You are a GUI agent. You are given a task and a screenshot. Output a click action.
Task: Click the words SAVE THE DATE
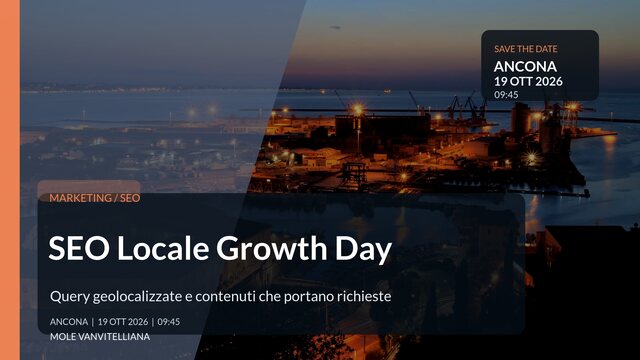point(525,48)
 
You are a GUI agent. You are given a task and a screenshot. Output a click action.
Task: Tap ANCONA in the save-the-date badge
point(525,66)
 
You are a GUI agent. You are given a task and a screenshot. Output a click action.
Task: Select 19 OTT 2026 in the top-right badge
point(528,81)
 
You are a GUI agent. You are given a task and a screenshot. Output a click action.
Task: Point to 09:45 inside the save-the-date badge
point(506,95)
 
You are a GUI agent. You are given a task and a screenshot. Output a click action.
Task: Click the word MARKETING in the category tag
point(80,198)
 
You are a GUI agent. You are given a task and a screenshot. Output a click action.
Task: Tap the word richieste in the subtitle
point(360,298)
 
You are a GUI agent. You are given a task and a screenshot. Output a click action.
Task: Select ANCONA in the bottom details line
point(68,322)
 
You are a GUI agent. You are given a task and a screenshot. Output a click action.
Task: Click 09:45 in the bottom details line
point(168,322)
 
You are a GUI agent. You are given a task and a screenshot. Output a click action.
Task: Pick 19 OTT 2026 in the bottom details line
point(122,322)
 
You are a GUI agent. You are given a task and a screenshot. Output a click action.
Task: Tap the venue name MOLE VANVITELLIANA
point(100,337)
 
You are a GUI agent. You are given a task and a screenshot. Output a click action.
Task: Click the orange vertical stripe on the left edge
point(10,180)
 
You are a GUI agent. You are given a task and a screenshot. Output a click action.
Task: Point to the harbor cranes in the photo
point(465,104)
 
